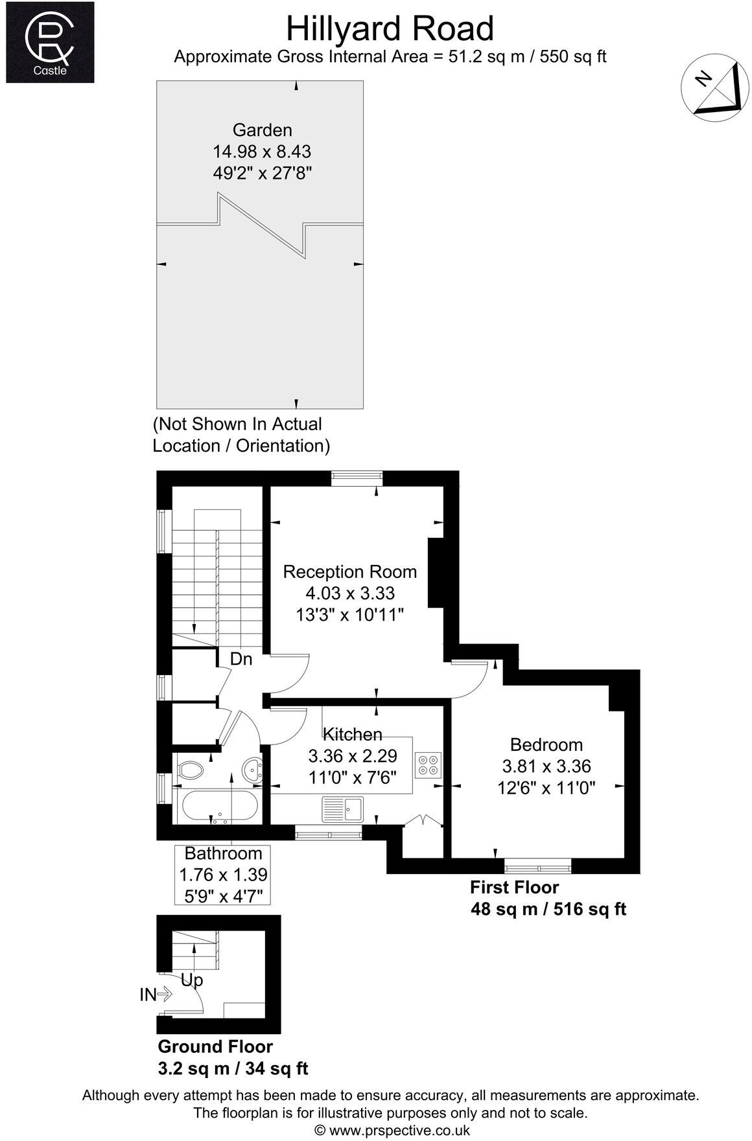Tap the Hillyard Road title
pos(390,29)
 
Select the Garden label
pos(262,130)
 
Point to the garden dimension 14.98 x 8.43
pos(262,152)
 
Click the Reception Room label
pos(350,571)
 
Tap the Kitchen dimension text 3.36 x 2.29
pos(352,755)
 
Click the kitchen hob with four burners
pos(429,764)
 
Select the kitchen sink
pos(344,809)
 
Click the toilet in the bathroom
pos(189,770)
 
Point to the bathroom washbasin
pos(252,770)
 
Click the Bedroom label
pos(546,744)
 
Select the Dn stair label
pos(241,659)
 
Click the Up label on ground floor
pos(191,980)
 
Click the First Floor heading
pos(514,887)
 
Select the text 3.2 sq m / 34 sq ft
pos(233,1068)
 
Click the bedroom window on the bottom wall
pos(538,866)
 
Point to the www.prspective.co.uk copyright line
pos(392,1131)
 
